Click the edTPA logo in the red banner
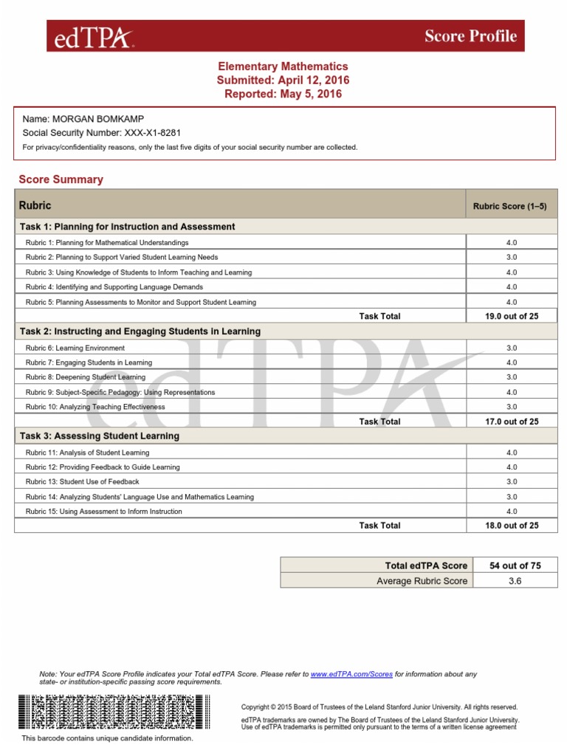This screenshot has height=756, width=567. point(89,36)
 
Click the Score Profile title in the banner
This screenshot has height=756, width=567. point(470,36)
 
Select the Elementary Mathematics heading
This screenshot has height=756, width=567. point(283,66)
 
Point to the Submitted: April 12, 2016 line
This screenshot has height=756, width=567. point(283,80)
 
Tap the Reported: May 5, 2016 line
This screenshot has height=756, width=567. point(283,94)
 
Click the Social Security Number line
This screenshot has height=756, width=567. point(102,133)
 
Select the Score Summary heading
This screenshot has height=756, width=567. point(61,179)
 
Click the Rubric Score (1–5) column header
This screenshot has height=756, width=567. point(510,207)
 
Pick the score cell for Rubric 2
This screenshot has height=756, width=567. point(511,258)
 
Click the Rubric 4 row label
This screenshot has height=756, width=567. point(114,287)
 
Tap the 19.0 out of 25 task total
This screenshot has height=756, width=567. point(511,317)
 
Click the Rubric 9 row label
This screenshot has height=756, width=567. point(120,392)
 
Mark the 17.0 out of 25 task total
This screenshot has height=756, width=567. point(511,422)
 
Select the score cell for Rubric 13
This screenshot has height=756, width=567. point(511,482)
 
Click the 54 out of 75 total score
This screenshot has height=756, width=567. point(515,566)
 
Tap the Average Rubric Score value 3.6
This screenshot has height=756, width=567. point(515,581)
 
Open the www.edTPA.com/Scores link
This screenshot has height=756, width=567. point(351,674)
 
